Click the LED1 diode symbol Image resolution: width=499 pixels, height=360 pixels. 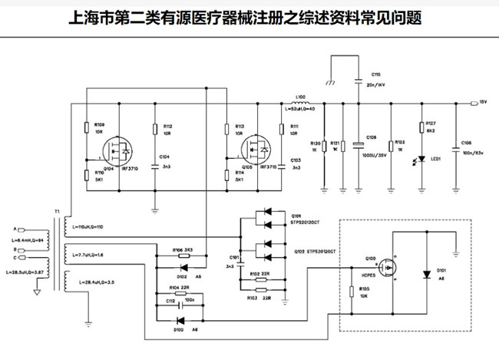pyautogui.click(x=421, y=159)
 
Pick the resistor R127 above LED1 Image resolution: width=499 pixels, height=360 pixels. pyautogui.click(x=421, y=128)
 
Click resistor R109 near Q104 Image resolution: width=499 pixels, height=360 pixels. pyautogui.click(x=85, y=127)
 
